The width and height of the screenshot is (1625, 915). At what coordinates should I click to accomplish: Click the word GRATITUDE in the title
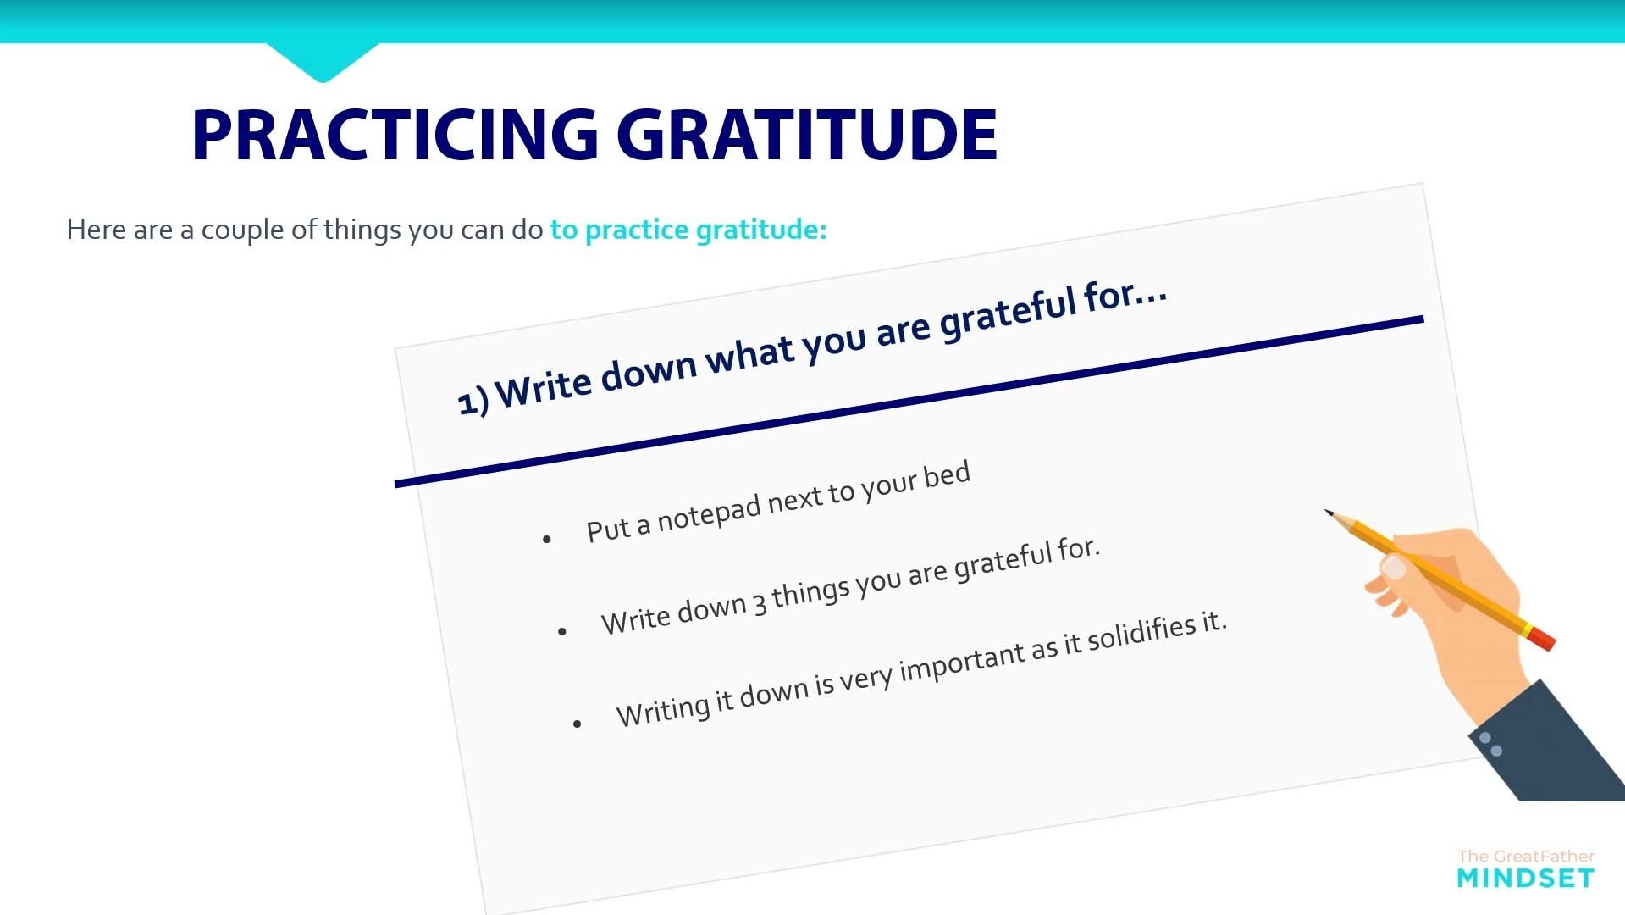808,135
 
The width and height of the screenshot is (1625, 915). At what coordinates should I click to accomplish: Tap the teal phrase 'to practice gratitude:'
688,230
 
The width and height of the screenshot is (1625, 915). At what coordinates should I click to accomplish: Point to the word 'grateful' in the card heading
1007,313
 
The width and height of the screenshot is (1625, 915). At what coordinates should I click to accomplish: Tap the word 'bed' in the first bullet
947,474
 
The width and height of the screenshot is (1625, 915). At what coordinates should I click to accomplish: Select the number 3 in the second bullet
760,603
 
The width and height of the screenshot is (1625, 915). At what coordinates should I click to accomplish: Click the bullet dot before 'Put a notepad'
547,539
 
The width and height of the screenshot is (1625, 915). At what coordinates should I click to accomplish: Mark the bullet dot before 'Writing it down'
578,724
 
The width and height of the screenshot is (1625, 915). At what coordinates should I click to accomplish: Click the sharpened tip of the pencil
1327,512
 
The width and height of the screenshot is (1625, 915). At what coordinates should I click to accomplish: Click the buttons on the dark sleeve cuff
1490,744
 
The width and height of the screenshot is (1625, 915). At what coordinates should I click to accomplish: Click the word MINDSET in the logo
1526,879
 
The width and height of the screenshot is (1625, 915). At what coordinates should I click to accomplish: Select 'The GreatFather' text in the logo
1526,857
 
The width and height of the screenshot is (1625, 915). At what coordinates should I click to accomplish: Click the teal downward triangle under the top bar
323,61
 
